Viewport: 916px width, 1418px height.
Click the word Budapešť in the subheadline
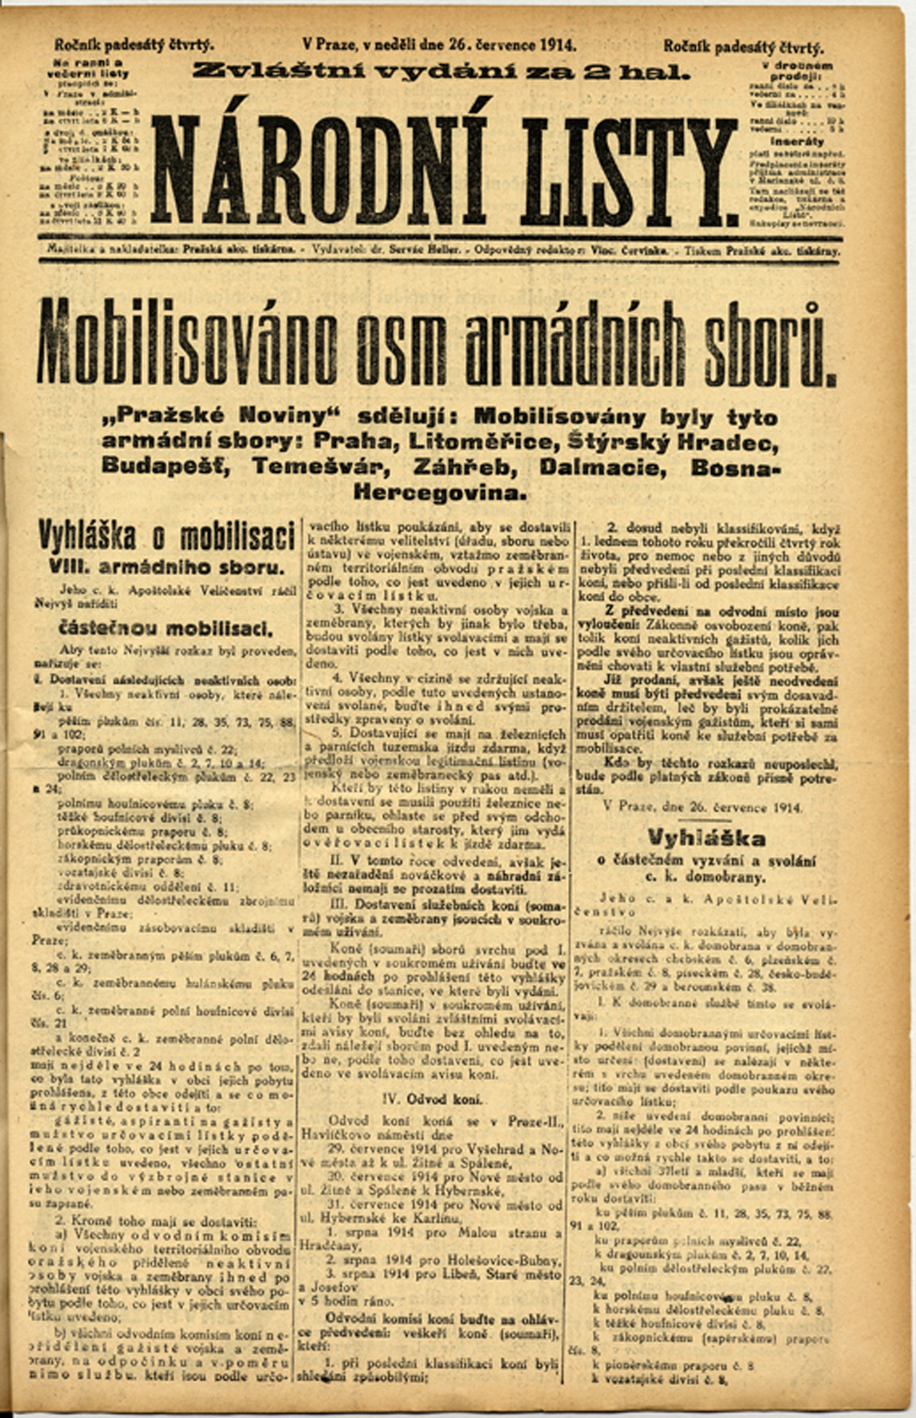click(168, 467)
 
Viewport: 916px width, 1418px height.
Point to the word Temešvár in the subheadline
click(323, 467)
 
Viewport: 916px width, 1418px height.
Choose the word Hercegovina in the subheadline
click(440, 493)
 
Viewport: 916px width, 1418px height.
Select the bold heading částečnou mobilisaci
click(165, 629)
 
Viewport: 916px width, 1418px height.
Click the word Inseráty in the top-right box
click(797, 141)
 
